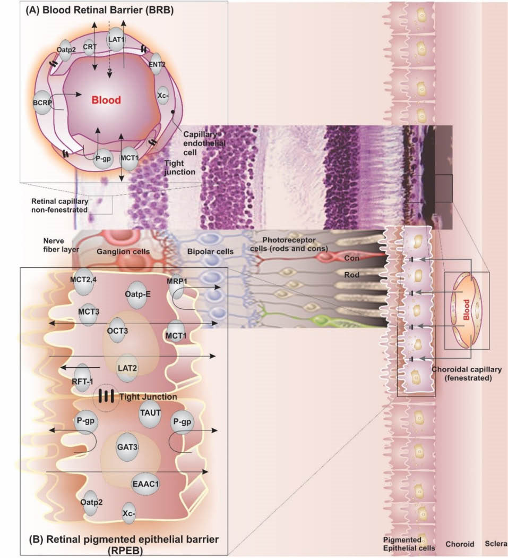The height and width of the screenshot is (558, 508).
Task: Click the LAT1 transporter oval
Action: tap(116, 39)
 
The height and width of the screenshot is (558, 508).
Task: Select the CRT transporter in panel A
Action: tap(89, 47)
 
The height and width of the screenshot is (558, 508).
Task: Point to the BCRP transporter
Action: tap(42, 100)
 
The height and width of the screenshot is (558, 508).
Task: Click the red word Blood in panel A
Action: tap(106, 99)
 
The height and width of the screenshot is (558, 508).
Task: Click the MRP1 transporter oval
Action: tap(175, 287)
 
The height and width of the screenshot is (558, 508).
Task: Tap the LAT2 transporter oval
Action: tap(128, 367)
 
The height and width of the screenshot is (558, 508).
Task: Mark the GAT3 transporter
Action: tap(127, 447)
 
